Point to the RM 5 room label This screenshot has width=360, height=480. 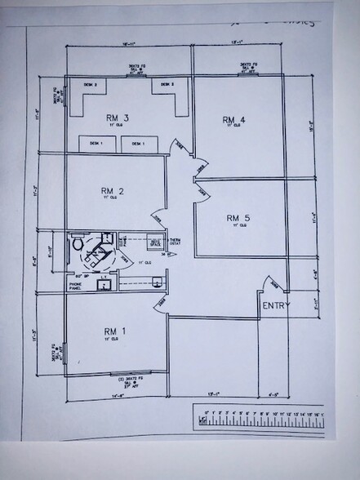(x=238, y=218)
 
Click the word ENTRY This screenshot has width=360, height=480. (x=274, y=304)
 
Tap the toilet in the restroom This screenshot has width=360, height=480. (x=78, y=242)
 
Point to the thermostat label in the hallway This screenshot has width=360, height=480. (x=173, y=241)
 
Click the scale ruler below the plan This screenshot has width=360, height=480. (x=259, y=418)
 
